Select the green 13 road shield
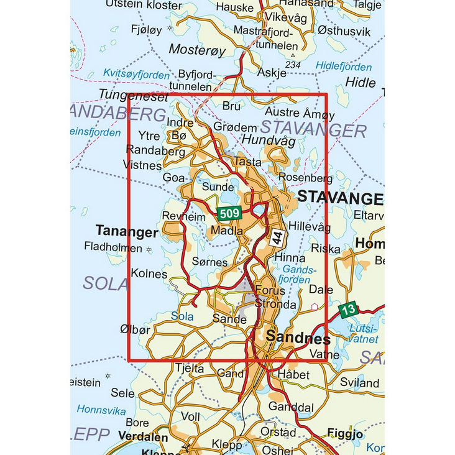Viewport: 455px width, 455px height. click(349, 309)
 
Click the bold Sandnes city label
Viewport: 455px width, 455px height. click(298, 338)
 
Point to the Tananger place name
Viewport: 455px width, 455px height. click(127, 232)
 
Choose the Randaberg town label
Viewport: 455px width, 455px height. click(155, 150)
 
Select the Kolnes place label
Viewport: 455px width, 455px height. click(149, 273)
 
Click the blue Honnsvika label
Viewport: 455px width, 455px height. click(101, 410)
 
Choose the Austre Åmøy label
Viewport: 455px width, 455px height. click(300, 114)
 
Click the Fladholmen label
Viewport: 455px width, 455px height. click(113, 246)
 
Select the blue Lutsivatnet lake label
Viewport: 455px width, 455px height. click(364, 333)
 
